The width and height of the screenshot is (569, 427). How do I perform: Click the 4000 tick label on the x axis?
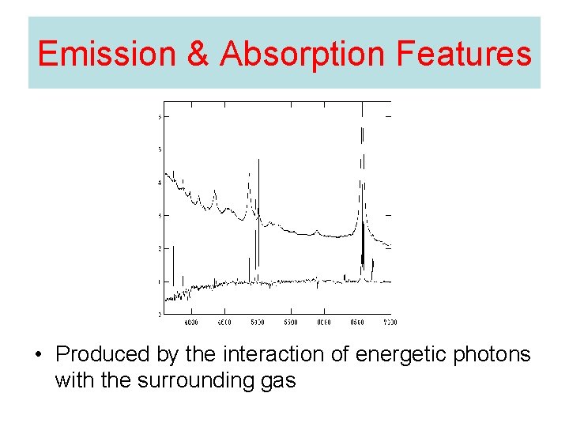pos(190,323)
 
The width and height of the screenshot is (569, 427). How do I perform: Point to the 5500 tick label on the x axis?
pos(290,323)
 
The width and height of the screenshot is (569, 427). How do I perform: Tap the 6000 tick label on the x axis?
pos(323,323)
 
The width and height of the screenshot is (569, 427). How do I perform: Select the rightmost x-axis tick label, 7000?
pos(389,323)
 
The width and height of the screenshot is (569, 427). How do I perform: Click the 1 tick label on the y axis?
pos(160,282)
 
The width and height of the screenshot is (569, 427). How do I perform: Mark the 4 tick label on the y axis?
pos(160,183)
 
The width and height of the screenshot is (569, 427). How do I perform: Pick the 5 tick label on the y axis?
pos(160,149)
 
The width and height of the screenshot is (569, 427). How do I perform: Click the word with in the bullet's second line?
pos(72,380)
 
